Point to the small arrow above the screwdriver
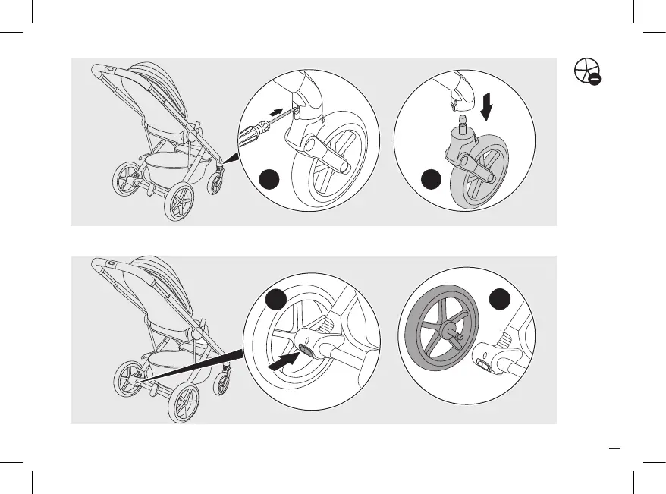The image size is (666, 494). (281, 112)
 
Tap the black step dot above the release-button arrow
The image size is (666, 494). (278, 300)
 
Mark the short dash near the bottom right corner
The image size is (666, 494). (614, 447)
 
